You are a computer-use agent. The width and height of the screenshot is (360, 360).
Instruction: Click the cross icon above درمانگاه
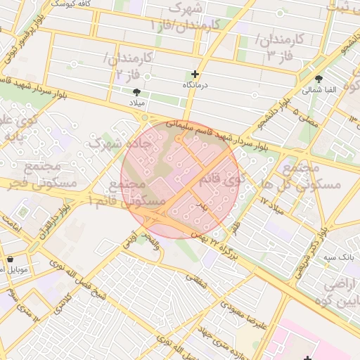195,74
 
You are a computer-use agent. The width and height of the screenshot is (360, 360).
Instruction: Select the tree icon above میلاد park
136,91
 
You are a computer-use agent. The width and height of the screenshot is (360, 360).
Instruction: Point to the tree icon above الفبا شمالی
319,79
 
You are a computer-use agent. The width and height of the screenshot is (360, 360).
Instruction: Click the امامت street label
13,230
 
